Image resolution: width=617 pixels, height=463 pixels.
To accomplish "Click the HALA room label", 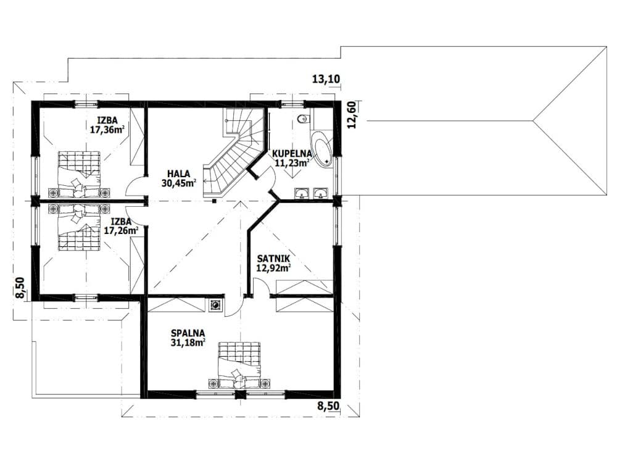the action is (x=179, y=173).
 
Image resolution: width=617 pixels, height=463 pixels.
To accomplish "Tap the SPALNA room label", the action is (x=188, y=333).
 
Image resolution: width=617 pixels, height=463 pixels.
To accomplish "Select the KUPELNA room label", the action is (x=292, y=154).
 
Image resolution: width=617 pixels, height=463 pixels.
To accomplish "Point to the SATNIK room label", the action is (x=273, y=259).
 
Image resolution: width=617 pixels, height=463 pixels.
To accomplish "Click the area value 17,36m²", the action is (x=107, y=130).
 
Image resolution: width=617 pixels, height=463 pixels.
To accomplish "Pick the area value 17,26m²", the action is (x=121, y=230).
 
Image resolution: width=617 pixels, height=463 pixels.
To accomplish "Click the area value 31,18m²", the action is (x=188, y=343).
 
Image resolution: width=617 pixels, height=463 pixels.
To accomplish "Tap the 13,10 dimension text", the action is (x=326, y=79).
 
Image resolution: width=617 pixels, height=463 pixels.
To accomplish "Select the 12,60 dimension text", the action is (x=352, y=115).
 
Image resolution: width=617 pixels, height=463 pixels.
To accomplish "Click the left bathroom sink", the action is (x=302, y=193).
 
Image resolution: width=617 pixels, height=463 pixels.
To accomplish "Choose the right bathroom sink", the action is (x=320, y=193).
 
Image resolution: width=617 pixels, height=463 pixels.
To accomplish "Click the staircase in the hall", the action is (x=234, y=154).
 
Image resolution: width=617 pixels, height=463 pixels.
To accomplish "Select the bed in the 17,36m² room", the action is (x=79, y=174).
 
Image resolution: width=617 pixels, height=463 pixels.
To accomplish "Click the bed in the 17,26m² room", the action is (x=79, y=227).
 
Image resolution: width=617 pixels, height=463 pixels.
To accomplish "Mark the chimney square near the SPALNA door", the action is (x=215, y=305).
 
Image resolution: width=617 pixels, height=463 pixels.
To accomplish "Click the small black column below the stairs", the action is (x=213, y=201).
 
